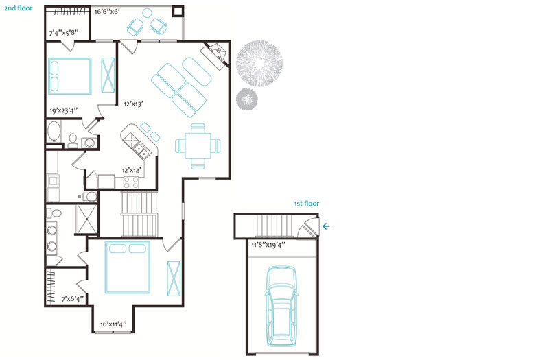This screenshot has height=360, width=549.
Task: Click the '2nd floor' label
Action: (19, 8)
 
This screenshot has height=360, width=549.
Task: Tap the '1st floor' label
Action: (307, 204)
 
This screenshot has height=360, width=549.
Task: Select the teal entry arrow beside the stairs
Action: (326, 226)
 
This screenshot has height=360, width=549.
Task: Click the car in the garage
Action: (282, 307)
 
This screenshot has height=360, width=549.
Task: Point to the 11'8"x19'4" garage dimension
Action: (268, 245)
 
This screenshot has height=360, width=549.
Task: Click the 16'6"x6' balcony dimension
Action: (108, 12)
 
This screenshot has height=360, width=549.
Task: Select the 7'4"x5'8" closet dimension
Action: (63, 33)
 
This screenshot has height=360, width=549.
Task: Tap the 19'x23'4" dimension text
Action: (63, 111)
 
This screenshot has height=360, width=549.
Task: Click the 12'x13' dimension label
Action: (133, 104)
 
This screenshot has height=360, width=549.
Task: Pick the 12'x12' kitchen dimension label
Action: (131, 170)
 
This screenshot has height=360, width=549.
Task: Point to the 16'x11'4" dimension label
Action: (113, 324)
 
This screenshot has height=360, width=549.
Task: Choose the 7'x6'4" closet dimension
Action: (73, 299)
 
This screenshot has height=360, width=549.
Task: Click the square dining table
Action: (198, 146)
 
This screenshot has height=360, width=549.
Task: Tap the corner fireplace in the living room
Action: (216, 54)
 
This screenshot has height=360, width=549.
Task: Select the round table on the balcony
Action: (147, 13)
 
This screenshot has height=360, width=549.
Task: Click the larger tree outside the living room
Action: (259, 63)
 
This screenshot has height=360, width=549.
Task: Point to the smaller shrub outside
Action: (248, 99)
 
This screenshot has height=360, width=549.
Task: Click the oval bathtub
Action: (54, 132)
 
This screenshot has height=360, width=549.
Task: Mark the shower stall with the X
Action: (87, 219)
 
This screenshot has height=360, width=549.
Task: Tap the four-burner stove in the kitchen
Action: (130, 182)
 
